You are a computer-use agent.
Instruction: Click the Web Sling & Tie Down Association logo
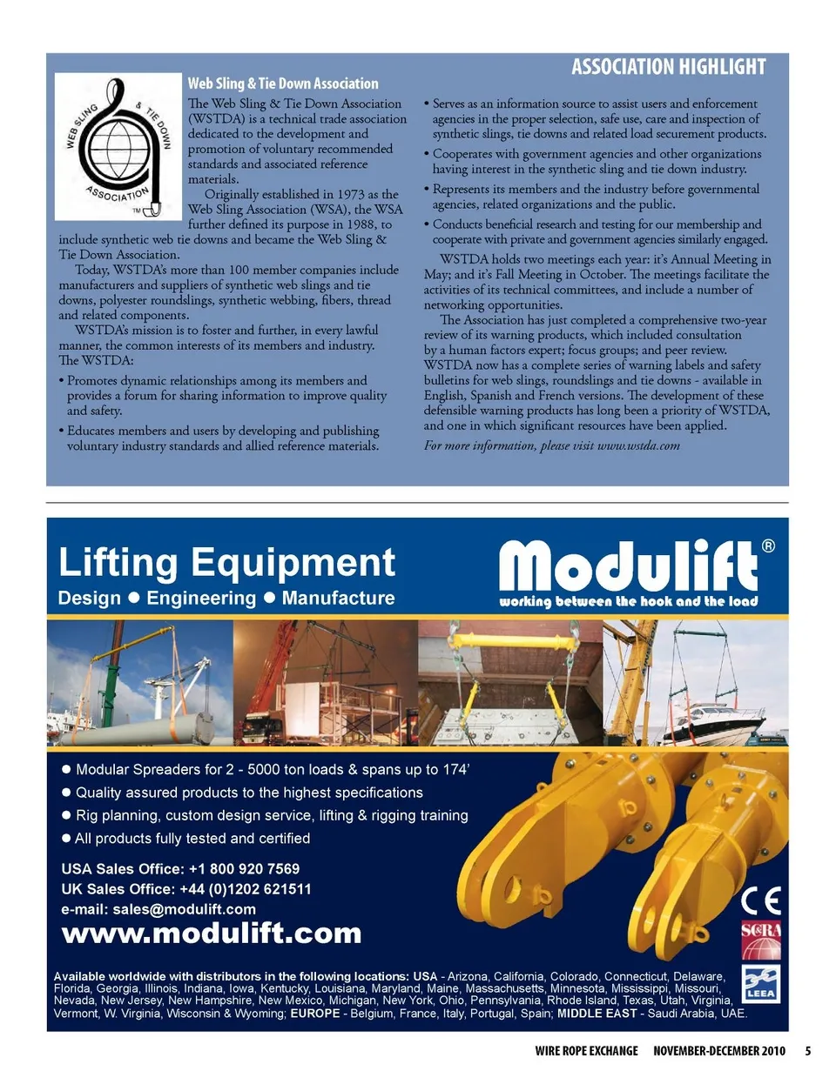119,145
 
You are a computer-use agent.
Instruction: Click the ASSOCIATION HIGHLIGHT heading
668,67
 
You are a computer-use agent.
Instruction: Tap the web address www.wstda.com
638,445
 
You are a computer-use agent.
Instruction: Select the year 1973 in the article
349,194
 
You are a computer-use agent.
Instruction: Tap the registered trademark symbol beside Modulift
768,546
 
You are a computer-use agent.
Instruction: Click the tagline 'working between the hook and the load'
628,601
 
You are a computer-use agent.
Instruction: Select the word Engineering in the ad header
201,599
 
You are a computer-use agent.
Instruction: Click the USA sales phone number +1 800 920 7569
244,869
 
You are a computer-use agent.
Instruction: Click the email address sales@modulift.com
185,909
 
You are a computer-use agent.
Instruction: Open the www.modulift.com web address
212,933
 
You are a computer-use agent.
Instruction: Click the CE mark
761,900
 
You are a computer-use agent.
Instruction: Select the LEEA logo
761,983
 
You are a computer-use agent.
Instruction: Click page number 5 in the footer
808,1051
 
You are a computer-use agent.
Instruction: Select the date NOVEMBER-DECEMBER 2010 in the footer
719,1051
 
